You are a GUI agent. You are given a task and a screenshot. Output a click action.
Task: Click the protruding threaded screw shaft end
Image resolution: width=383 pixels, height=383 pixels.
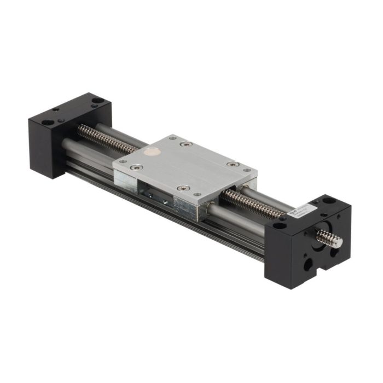coord(329,239)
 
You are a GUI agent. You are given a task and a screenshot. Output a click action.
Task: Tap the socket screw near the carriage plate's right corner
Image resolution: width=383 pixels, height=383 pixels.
coord(234,164)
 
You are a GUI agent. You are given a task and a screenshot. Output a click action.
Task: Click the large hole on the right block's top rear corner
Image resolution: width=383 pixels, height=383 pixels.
coord(328,200)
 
